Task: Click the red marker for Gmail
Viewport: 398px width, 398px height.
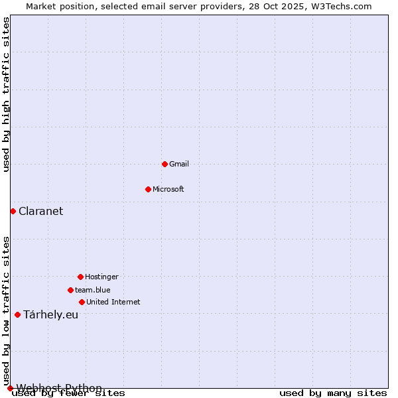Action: click(165, 164)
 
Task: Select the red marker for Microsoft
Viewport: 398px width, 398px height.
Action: click(148, 189)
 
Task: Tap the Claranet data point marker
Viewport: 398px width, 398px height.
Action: click(13, 211)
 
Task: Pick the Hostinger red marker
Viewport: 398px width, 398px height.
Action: click(80, 277)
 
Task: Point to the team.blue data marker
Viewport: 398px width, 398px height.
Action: click(70, 290)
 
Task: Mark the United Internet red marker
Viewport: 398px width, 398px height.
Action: click(82, 302)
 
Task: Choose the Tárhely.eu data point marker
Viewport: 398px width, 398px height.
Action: click(17, 314)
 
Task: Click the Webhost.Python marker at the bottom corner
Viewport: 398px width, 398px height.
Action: click(10, 388)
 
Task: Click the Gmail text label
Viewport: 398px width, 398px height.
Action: click(179, 164)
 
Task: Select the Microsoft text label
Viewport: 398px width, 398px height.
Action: click(168, 189)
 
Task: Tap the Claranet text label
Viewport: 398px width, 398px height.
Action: click(41, 211)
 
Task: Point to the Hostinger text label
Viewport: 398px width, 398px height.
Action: click(101, 277)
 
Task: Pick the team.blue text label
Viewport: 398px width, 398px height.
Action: click(93, 290)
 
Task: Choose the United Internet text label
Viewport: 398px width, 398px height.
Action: click(113, 302)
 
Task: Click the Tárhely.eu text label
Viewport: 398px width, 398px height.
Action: click(51, 314)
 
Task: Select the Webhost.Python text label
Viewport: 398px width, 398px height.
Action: click(59, 388)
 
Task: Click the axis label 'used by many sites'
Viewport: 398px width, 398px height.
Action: click(333, 393)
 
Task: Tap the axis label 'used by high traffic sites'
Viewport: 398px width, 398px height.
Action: click(7, 95)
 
